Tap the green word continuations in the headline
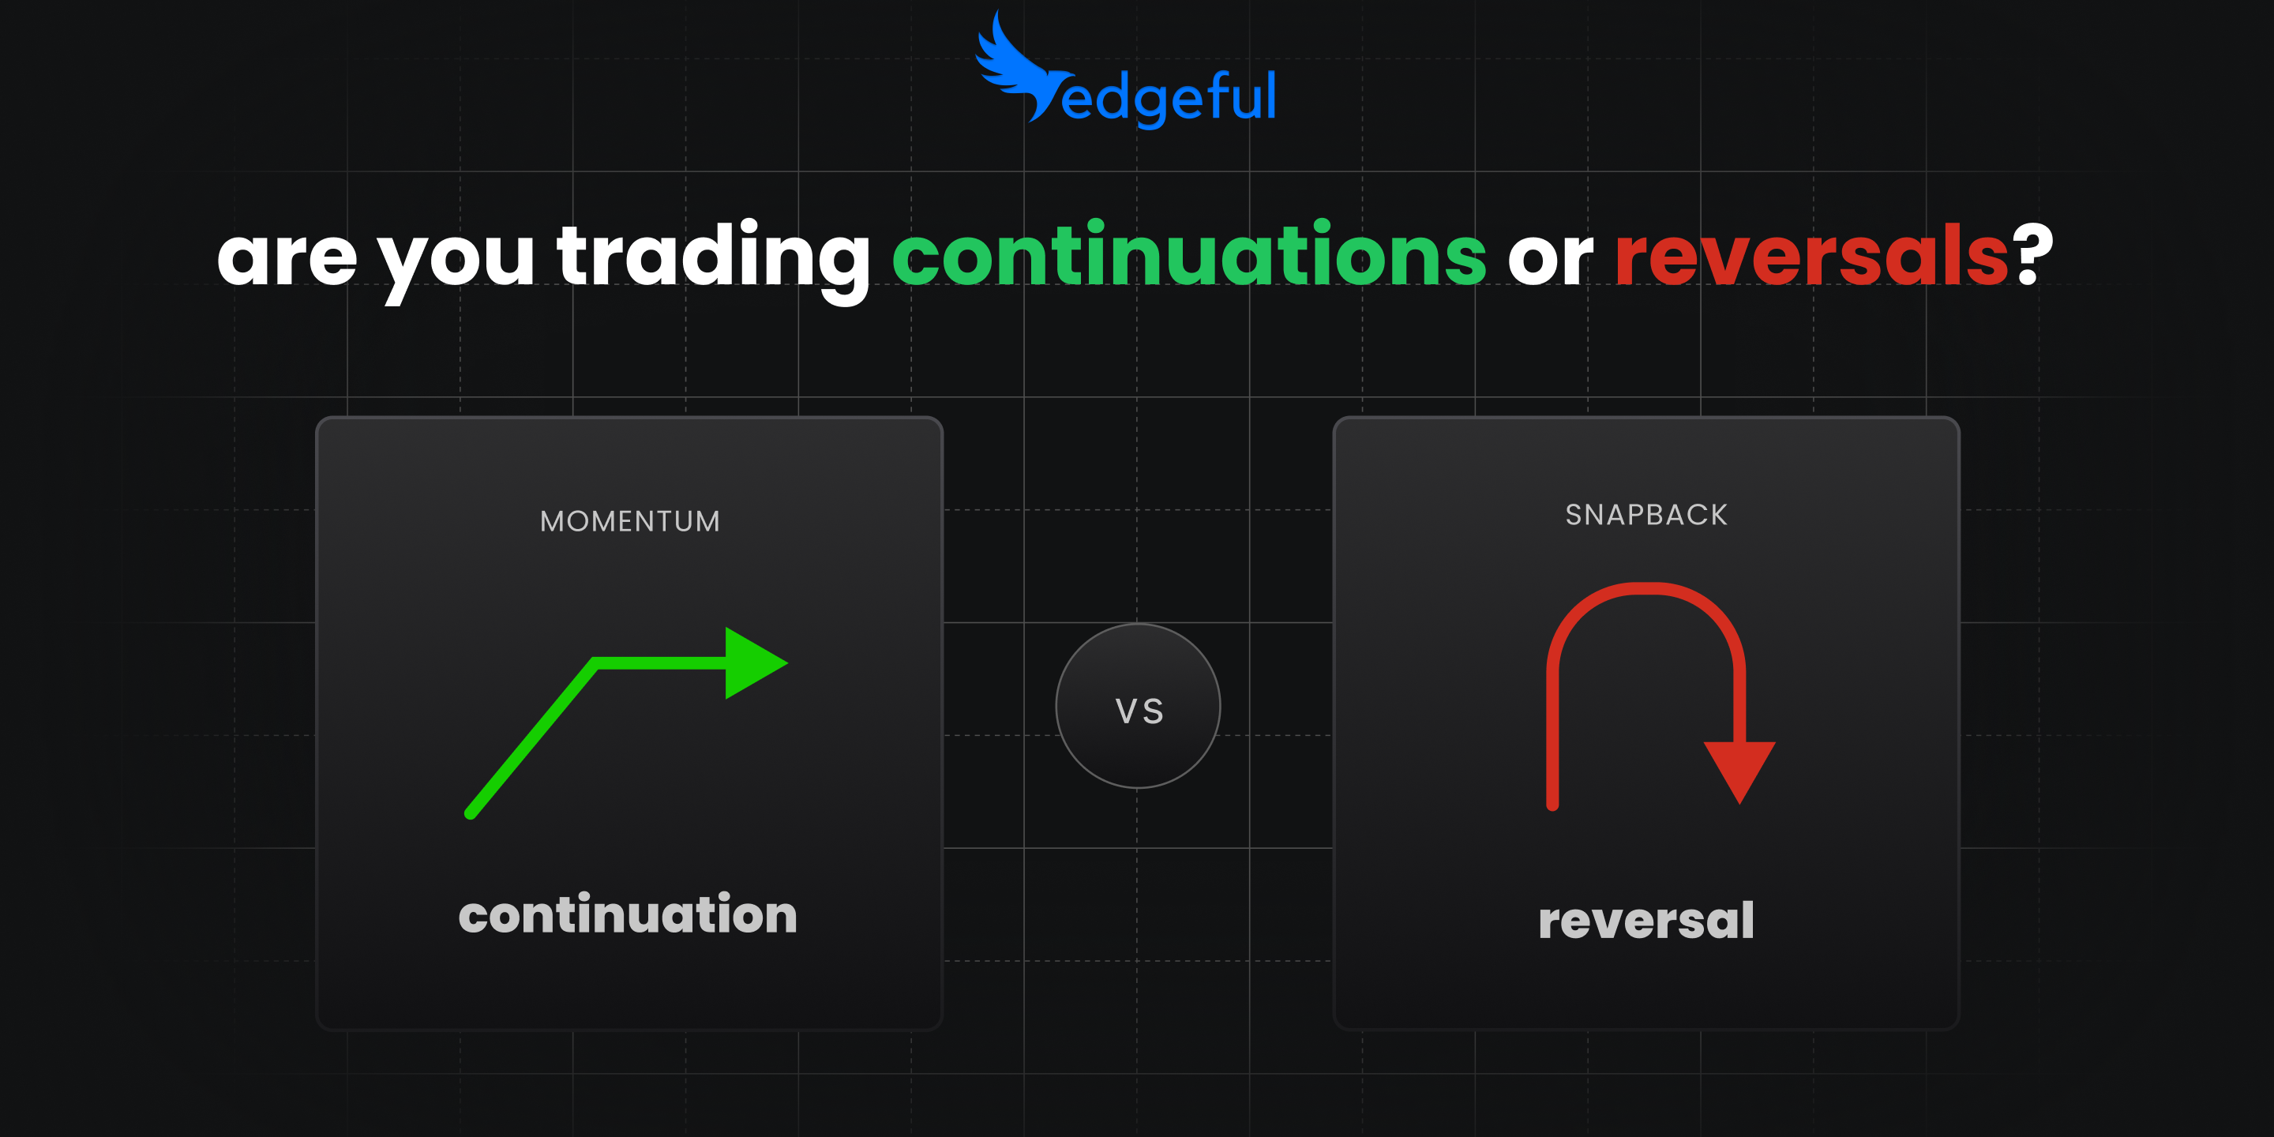point(1188,256)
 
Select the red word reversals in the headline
point(1811,256)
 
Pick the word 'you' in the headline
point(456,261)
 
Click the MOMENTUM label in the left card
point(630,522)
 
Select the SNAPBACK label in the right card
point(1646,515)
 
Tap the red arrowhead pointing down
point(1739,768)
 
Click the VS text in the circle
point(1139,711)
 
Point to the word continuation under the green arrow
point(628,914)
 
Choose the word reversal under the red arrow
point(1646,921)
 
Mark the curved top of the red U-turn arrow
point(1646,590)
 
